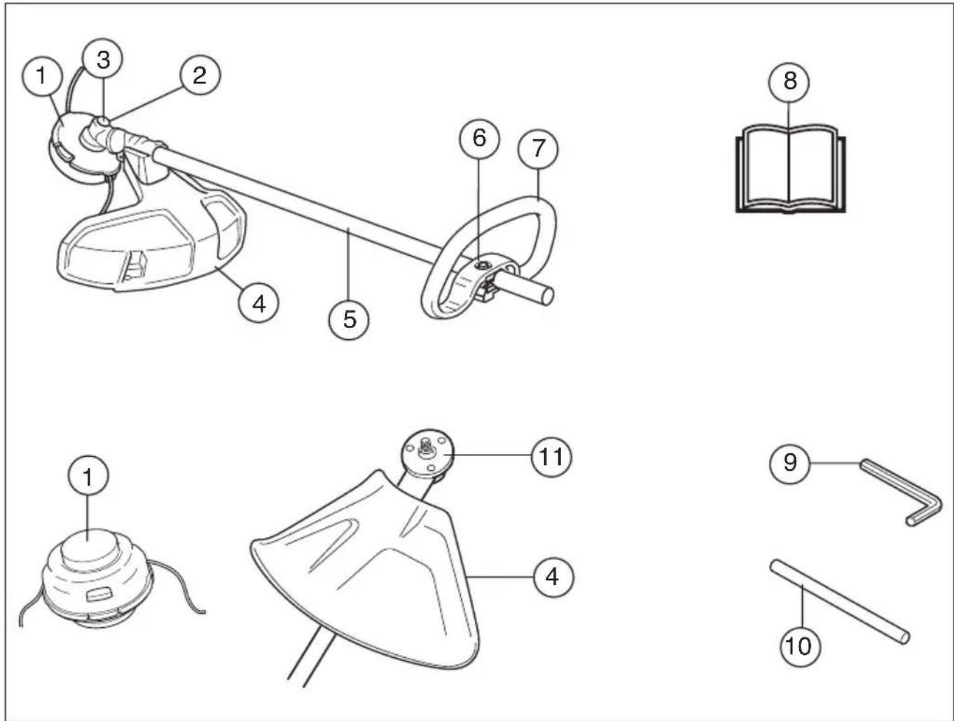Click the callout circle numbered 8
[x=789, y=81]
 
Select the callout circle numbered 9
[x=789, y=463]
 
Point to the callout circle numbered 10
[x=800, y=646]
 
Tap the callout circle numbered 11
[x=551, y=457]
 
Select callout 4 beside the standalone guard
[x=553, y=577]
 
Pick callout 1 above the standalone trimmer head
[x=88, y=477]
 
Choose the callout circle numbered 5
[x=349, y=320]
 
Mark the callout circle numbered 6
[x=479, y=138]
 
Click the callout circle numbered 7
[x=538, y=149]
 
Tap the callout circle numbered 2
[x=200, y=76]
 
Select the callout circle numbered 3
[x=102, y=59]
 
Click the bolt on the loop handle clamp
[x=481, y=263]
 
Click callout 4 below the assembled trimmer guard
[x=258, y=303]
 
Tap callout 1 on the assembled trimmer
[x=41, y=76]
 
